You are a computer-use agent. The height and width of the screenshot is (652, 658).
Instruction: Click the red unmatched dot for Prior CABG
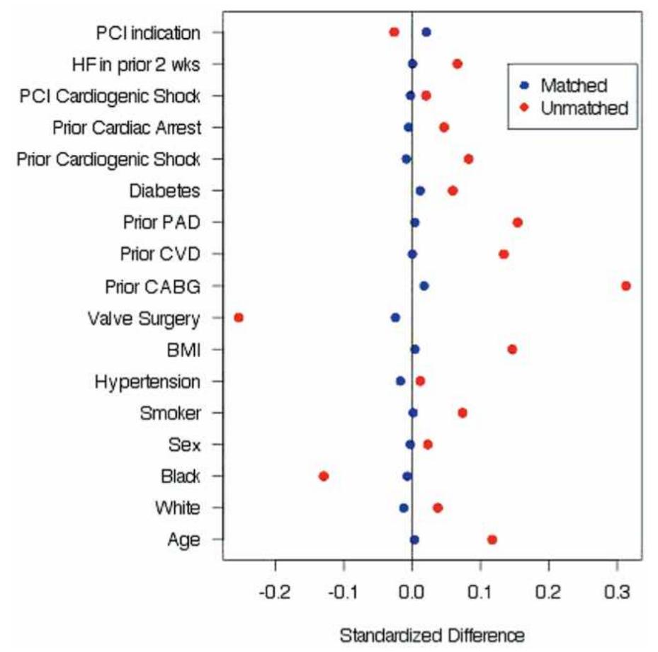pyautogui.click(x=625, y=286)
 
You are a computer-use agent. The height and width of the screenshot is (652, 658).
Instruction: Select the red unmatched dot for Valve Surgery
pyautogui.click(x=239, y=318)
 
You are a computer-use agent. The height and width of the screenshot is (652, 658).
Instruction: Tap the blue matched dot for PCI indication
pyautogui.click(x=426, y=33)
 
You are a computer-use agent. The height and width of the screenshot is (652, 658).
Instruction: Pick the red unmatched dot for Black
pyautogui.click(x=324, y=476)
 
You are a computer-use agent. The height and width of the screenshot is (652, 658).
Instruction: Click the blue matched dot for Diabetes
pyautogui.click(x=420, y=191)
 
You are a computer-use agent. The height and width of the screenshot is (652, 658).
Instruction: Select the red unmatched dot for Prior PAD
pyautogui.click(x=517, y=223)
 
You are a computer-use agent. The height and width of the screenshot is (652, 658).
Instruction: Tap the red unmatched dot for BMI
pyautogui.click(x=512, y=350)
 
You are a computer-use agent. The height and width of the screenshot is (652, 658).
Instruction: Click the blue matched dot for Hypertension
pyautogui.click(x=401, y=381)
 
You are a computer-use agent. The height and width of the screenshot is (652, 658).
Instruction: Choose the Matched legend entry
pyautogui.click(x=573, y=86)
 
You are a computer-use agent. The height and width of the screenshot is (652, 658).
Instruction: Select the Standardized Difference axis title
pyautogui.click(x=432, y=634)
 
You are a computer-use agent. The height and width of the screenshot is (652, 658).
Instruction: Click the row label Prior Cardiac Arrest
pyautogui.click(x=127, y=128)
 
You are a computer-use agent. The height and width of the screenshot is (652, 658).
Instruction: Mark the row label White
pyautogui.click(x=177, y=508)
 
